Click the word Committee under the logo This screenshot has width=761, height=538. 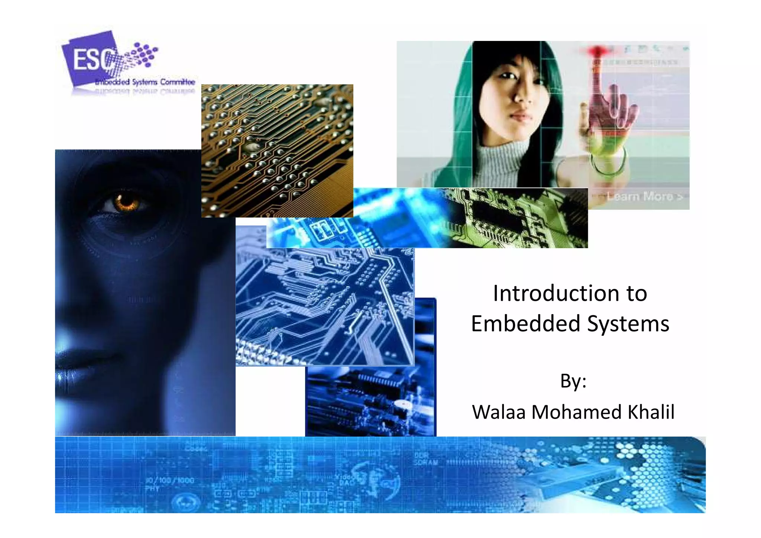(x=178, y=82)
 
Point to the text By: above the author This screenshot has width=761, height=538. (x=573, y=381)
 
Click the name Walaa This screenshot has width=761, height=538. (x=499, y=412)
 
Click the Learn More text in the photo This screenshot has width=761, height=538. (x=644, y=196)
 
